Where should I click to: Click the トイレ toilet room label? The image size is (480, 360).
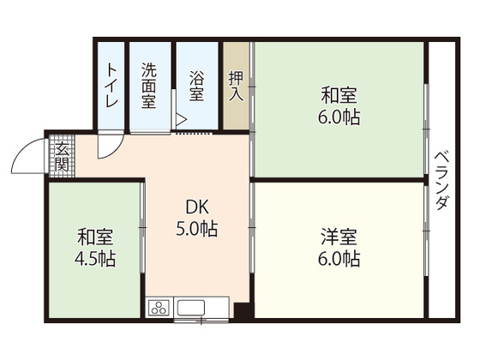coord(111,86)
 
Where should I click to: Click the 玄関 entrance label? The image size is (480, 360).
coord(63,157)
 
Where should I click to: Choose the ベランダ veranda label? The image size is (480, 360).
coord(441,178)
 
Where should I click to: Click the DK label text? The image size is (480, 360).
coord(197,207)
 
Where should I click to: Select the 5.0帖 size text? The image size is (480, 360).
coord(197,229)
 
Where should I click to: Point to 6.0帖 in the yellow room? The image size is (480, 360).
coord(339,258)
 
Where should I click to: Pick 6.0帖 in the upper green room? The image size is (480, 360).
coord(339,117)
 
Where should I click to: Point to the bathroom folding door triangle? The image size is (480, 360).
coord(181,120)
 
